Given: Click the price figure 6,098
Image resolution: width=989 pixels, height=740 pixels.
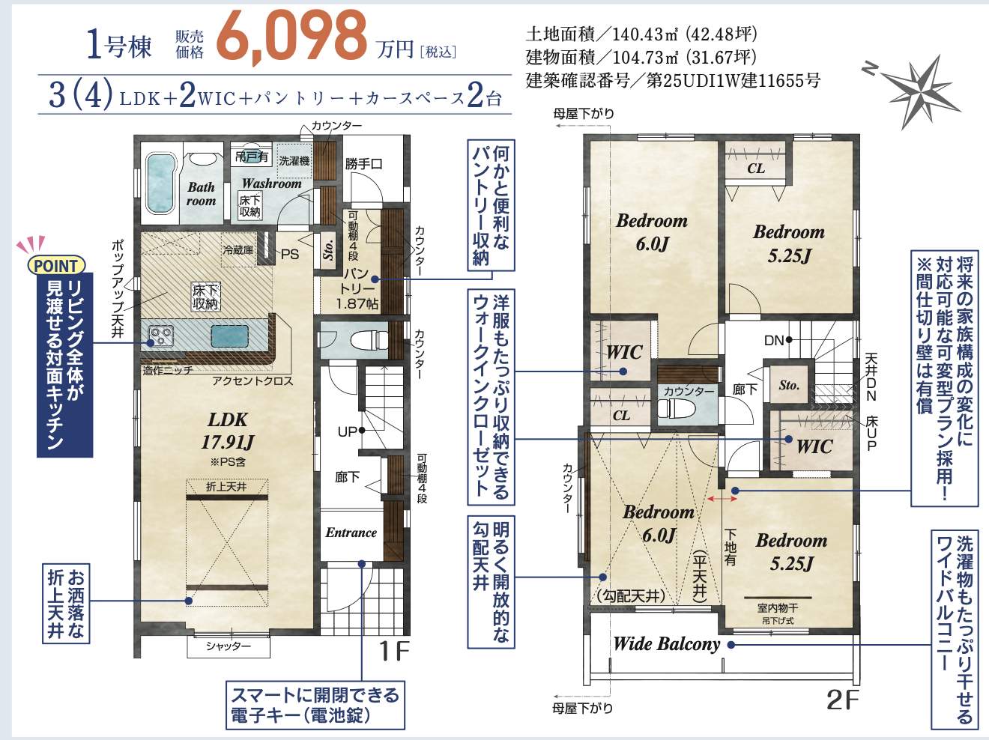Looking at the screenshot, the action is pyautogui.click(x=291, y=37).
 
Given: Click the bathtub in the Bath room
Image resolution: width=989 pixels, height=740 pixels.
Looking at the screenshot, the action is pyautogui.click(x=161, y=184).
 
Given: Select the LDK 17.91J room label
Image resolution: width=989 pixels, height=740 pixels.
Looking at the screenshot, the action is pyautogui.click(x=228, y=431).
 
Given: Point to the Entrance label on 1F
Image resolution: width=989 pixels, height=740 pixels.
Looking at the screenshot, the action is pyautogui.click(x=351, y=533).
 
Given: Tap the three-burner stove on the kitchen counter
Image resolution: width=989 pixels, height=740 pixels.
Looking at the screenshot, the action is pyautogui.click(x=160, y=336).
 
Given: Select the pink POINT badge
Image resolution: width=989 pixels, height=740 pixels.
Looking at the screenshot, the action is pyautogui.click(x=56, y=266).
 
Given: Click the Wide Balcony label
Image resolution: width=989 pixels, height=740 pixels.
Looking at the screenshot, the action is pyautogui.click(x=667, y=644).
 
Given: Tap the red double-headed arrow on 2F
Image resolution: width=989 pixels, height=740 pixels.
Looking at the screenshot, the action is pyautogui.click(x=722, y=499).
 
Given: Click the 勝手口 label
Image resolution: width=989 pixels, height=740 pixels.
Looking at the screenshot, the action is pyautogui.click(x=364, y=164).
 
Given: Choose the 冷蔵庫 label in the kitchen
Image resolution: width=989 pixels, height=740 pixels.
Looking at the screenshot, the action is pyautogui.click(x=238, y=250).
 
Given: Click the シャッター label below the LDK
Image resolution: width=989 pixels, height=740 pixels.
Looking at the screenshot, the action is pyautogui.click(x=229, y=646).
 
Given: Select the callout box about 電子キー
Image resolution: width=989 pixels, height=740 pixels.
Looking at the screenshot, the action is pyautogui.click(x=315, y=705).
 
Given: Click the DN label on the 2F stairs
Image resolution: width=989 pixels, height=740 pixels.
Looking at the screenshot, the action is pyautogui.click(x=774, y=341).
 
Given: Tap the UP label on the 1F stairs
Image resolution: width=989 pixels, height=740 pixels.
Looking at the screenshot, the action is pyautogui.click(x=348, y=432).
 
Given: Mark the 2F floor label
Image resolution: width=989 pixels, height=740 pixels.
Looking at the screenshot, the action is pyautogui.click(x=843, y=700).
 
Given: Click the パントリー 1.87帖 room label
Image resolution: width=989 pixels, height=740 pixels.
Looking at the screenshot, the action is pyautogui.click(x=357, y=288).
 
